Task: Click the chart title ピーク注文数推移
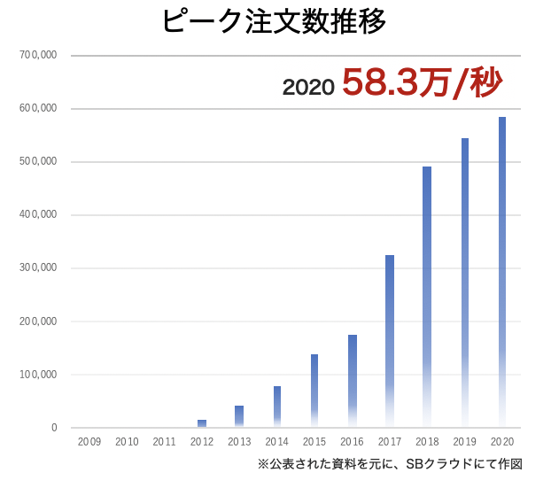click(x=274, y=21)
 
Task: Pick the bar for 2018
click(x=427, y=292)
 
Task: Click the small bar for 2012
click(x=202, y=423)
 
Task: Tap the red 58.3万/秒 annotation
click(x=422, y=84)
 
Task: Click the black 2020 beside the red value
click(x=307, y=87)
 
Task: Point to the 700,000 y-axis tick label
click(x=38, y=56)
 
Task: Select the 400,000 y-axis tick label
click(x=38, y=215)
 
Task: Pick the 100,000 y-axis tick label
click(x=38, y=375)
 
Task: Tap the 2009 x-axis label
click(x=89, y=441)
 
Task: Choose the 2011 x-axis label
click(x=165, y=441)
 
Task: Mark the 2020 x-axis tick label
click(x=502, y=441)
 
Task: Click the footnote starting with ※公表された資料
click(x=390, y=463)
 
